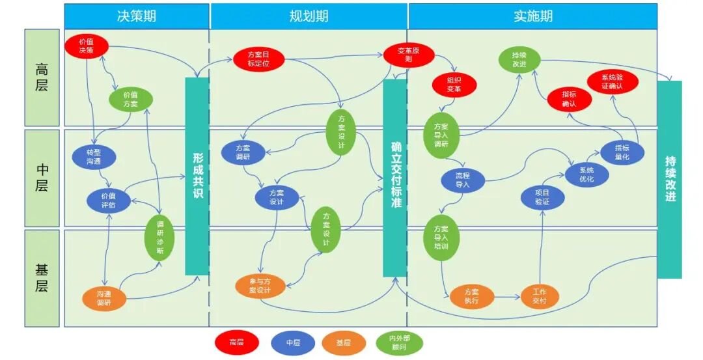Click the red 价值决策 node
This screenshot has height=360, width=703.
[x=87, y=46]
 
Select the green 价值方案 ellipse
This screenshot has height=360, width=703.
[x=131, y=100]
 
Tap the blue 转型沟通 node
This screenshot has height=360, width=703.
[x=94, y=157]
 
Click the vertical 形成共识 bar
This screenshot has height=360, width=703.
[x=197, y=176]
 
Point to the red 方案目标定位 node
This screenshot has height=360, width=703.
[x=258, y=59]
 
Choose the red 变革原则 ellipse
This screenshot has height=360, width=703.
[x=409, y=55]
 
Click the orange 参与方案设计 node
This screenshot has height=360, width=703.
[x=260, y=286]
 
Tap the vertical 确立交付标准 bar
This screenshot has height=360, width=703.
[x=395, y=178]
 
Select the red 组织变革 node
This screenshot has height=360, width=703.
[x=454, y=85]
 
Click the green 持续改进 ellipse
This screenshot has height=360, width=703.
[x=519, y=60]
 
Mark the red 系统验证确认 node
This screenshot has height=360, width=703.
[x=613, y=81]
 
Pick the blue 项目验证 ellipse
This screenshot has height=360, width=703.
[x=542, y=197]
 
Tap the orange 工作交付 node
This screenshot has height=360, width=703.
[x=540, y=296]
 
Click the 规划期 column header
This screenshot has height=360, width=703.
[x=309, y=16]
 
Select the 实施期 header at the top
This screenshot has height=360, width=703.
[x=533, y=16]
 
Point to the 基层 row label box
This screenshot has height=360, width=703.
[x=42, y=278]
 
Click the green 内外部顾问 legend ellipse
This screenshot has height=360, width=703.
[x=399, y=343]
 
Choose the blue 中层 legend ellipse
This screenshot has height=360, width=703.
[x=293, y=343]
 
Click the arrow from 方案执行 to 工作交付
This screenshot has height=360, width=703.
[x=508, y=296]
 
